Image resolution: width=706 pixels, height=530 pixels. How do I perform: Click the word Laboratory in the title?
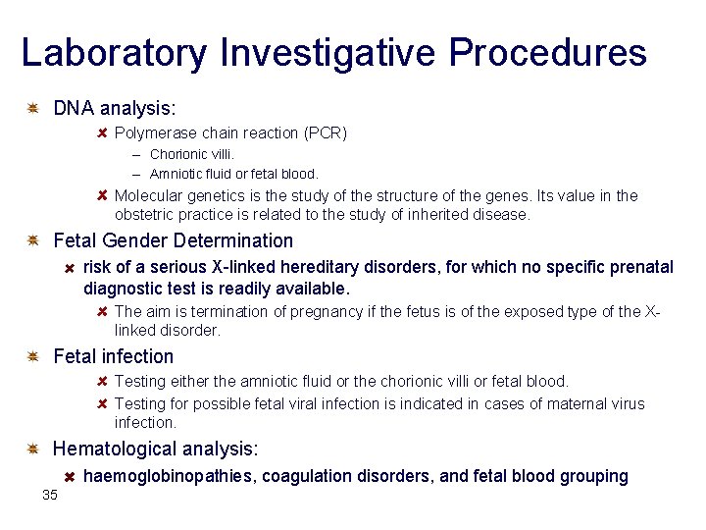[x=114, y=53]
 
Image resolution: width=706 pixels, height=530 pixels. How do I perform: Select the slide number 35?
[x=50, y=495]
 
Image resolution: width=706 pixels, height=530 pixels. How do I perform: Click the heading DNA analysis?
[x=115, y=107]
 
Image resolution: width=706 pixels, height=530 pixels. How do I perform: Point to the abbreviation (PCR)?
[x=326, y=132]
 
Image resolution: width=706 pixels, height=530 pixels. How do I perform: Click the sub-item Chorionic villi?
[x=192, y=154]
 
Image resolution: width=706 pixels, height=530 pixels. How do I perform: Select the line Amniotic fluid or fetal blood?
[x=234, y=174]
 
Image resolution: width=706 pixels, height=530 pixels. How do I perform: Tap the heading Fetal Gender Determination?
[x=173, y=240]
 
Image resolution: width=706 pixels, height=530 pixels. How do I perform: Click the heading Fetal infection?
[x=113, y=356]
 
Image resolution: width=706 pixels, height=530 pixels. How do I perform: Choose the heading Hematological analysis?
[x=156, y=449]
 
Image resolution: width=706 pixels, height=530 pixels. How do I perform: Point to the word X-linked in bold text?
[x=242, y=267]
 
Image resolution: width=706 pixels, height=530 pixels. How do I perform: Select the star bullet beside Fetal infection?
[x=33, y=356]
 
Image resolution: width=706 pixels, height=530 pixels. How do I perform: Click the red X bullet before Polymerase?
[x=103, y=132]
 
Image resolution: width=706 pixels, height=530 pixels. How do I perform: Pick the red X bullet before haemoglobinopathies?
[x=71, y=476]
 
